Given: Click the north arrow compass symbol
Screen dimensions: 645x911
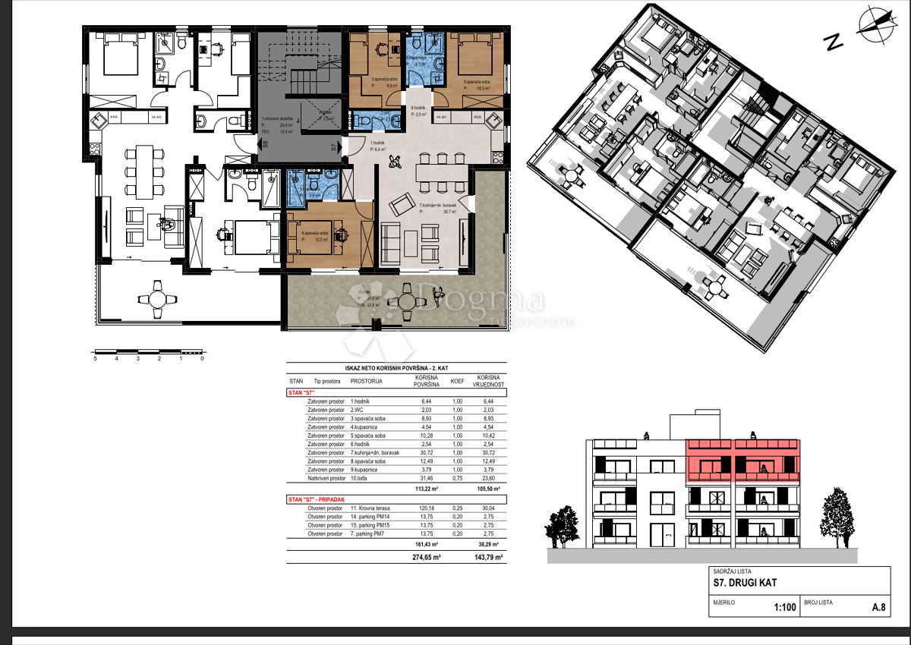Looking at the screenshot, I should (x=875, y=23).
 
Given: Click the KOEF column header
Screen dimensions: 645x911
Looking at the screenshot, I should (x=458, y=382).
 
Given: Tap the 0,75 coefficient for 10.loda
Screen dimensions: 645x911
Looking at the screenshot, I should (x=458, y=479).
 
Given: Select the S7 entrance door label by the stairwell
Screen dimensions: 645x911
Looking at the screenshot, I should (x=333, y=147).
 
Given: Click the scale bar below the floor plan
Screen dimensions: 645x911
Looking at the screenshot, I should (x=148, y=352).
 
